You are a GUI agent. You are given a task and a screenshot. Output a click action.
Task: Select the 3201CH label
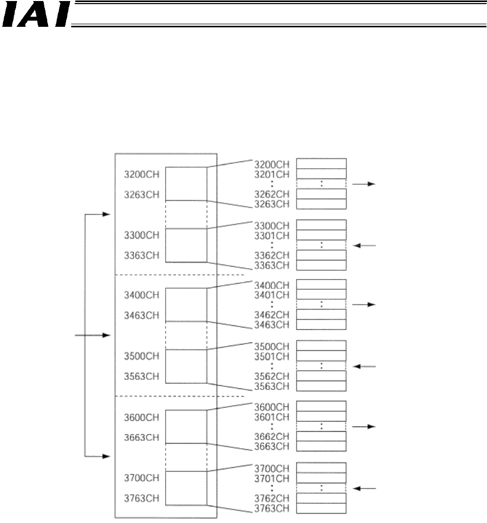pyautogui.click(x=272, y=174)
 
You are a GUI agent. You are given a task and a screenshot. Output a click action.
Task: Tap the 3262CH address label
pyautogui.click(x=272, y=194)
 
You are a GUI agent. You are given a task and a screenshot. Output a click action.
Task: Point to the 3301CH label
pyautogui.click(x=272, y=235)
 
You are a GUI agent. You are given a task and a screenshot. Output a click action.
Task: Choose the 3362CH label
pyautogui.click(x=272, y=255)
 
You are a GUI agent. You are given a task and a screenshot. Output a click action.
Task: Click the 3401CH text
pyautogui.click(x=272, y=295)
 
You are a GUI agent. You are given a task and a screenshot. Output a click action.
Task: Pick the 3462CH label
pyautogui.click(x=272, y=315)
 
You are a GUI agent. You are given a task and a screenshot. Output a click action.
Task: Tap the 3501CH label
pyautogui.click(x=272, y=356)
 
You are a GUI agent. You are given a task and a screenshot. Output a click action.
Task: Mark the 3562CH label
pyautogui.click(x=272, y=376)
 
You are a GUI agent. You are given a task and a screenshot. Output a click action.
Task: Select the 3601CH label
pyautogui.click(x=272, y=416)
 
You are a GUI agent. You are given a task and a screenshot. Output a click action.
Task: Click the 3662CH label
pyautogui.click(x=272, y=436)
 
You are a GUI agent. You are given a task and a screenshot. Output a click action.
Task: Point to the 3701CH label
pyautogui.click(x=272, y=478)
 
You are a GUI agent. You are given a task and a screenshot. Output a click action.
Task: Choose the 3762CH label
pyautogui.click(x=272, y=498)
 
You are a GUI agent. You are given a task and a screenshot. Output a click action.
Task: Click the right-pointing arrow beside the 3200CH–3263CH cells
pyautogui.click(x=364, y=184)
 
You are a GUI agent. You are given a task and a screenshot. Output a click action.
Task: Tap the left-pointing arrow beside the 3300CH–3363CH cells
pyautogui.click(x=364, y=246)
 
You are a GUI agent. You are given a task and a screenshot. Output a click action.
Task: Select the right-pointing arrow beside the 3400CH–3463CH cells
pyautogui.click(x=364, y=305)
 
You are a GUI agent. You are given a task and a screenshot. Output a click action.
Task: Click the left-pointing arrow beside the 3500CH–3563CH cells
pyautogui.click(x=364, y=367)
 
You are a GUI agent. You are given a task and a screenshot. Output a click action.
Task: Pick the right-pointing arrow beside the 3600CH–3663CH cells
pyautogui.click(x=364, y=427)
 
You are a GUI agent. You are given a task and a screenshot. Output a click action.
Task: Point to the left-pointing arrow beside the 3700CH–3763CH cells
pyautogui.click(x=364, y=488)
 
